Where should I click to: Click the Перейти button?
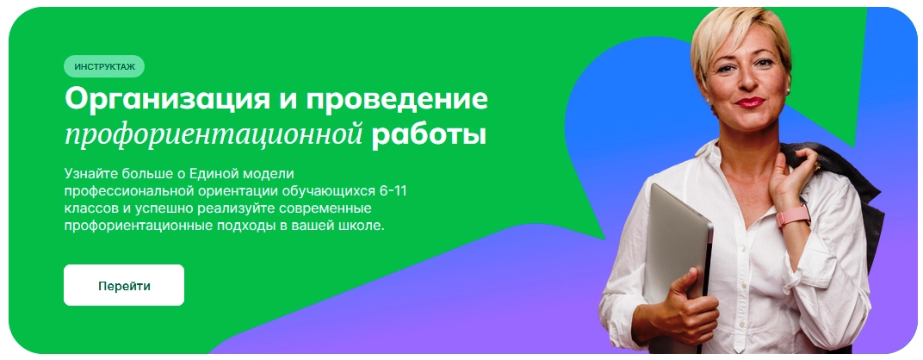(124, 285)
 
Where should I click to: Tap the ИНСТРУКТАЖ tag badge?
(104, 66)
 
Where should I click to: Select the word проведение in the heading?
(396, 99)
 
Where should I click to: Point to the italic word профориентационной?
(213, 135)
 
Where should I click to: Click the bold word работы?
(429, 134)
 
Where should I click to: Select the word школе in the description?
(365, 226)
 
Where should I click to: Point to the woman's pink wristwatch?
(792, 215)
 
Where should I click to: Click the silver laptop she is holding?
(677, 247)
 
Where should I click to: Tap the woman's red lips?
(749, 102)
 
